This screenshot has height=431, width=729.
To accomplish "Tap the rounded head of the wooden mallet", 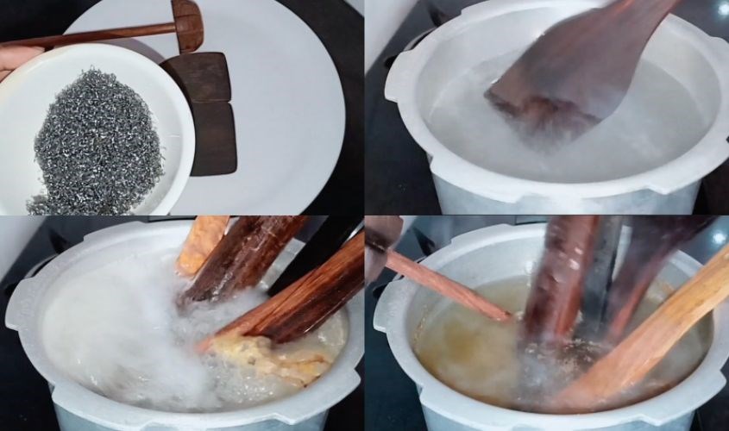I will click(187, 23).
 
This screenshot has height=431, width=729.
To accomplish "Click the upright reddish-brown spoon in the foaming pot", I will click(242, 259).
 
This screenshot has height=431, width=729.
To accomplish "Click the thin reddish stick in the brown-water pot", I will click(449, 284).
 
